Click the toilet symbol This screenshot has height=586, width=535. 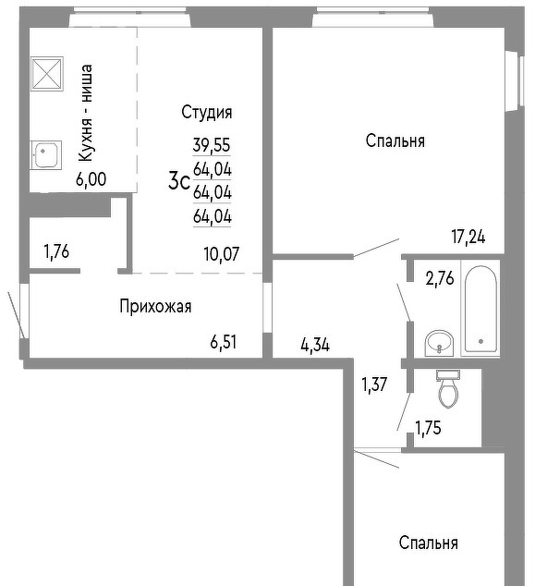pos(448,388)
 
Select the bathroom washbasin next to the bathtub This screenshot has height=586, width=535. pos(439,343)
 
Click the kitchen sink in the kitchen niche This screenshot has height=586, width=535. pos(45,155)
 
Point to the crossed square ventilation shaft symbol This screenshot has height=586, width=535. pos(47,74)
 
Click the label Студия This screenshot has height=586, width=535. pos(207,112)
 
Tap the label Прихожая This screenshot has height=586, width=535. pos(155,307)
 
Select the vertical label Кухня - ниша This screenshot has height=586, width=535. pos(86,114)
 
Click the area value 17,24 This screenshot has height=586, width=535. pos(468,237)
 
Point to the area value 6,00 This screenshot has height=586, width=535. pos(91,179)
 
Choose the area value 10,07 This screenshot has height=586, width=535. pos(222,254)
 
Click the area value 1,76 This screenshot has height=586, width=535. pos(56,251)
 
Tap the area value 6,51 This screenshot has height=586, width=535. pos(223,342)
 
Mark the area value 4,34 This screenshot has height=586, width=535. pos(315,345)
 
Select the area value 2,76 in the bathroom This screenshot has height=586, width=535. pos(440,278)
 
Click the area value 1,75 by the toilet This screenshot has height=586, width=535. pos(428,428)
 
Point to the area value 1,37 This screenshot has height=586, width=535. pos(374,385)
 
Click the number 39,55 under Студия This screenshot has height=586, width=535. pos(212,145)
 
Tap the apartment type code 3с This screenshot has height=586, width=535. pos(179,181)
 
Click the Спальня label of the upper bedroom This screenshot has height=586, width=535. pos(395,141)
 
